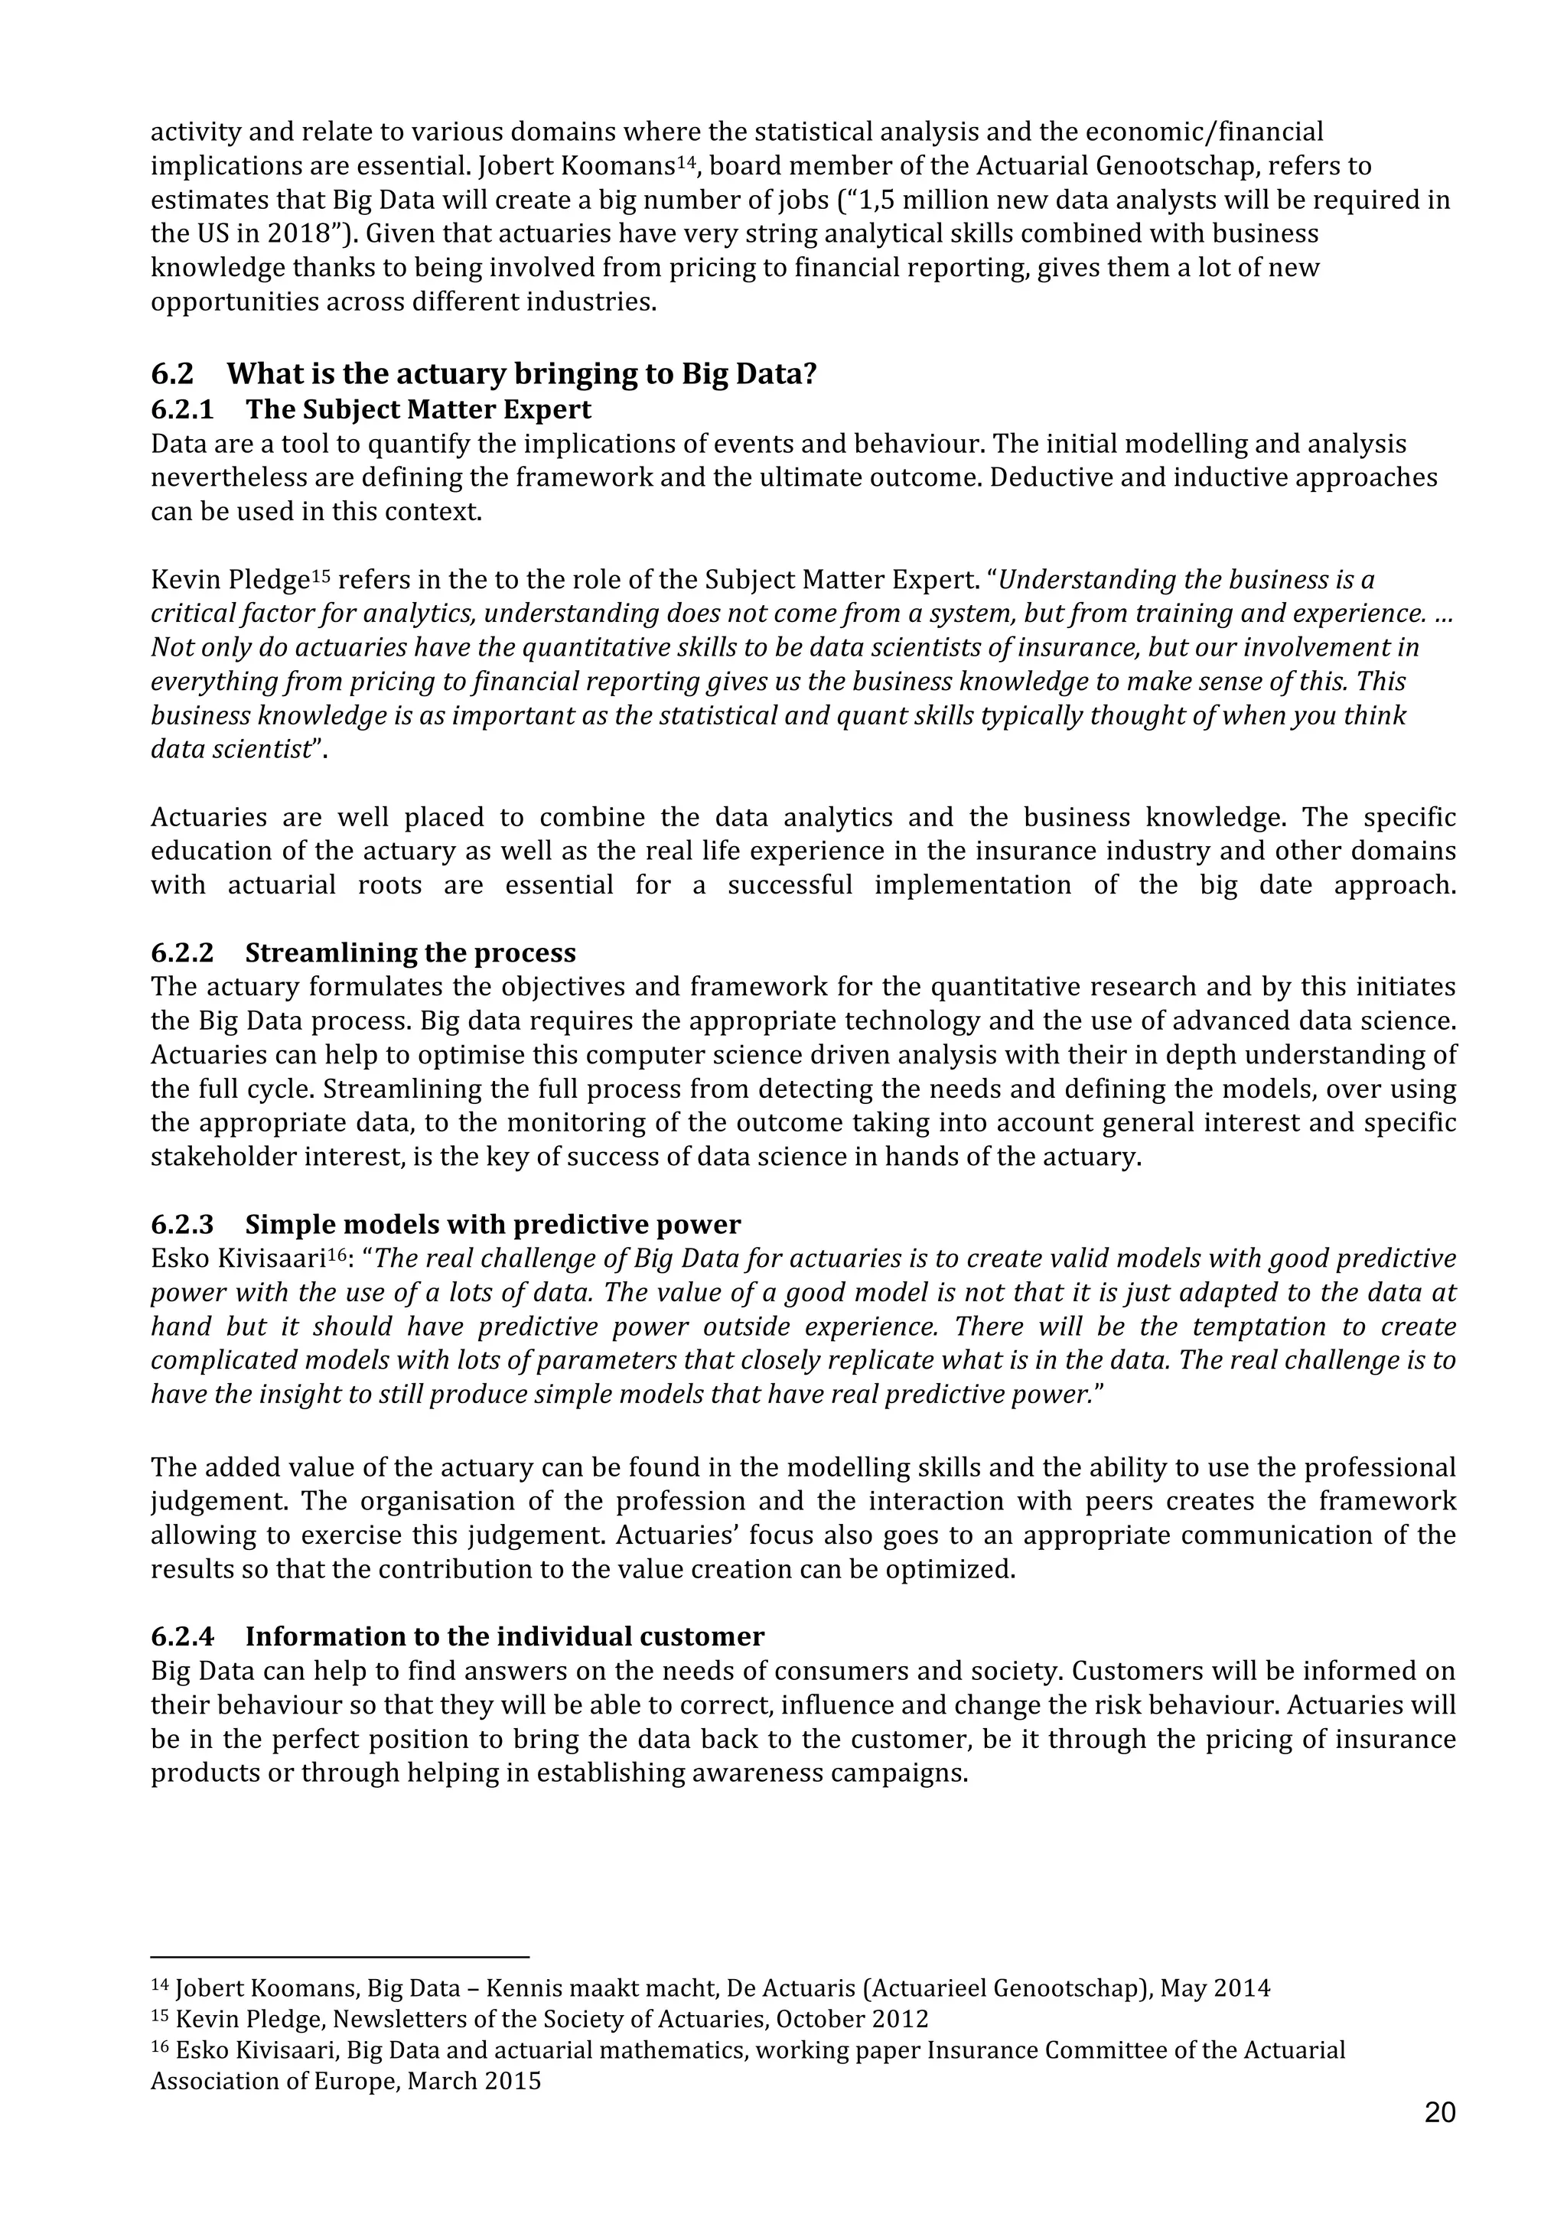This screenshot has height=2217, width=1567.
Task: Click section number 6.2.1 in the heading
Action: (x=181, y=409)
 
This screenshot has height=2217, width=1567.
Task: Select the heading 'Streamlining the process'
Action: (x=410, y=953)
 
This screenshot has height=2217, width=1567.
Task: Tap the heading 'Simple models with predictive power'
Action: (x=493, y=1224)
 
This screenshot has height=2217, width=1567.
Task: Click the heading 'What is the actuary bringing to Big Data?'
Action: (x=521, y=373)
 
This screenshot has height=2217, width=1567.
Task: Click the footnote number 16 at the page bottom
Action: (x=159, y=2046)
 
